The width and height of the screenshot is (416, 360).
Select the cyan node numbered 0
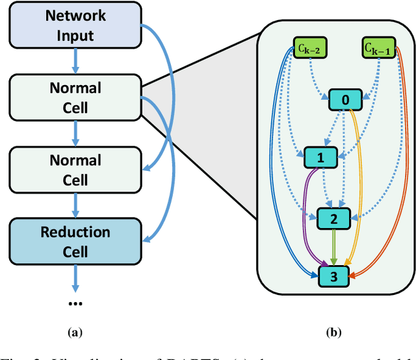pos(344,100)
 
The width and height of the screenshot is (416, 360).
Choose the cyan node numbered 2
pos(333,219)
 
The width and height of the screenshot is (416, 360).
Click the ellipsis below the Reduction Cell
pos(75,303)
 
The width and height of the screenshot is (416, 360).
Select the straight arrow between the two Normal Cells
pos(75,133)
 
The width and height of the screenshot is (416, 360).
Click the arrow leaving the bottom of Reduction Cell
pos(75,277)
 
